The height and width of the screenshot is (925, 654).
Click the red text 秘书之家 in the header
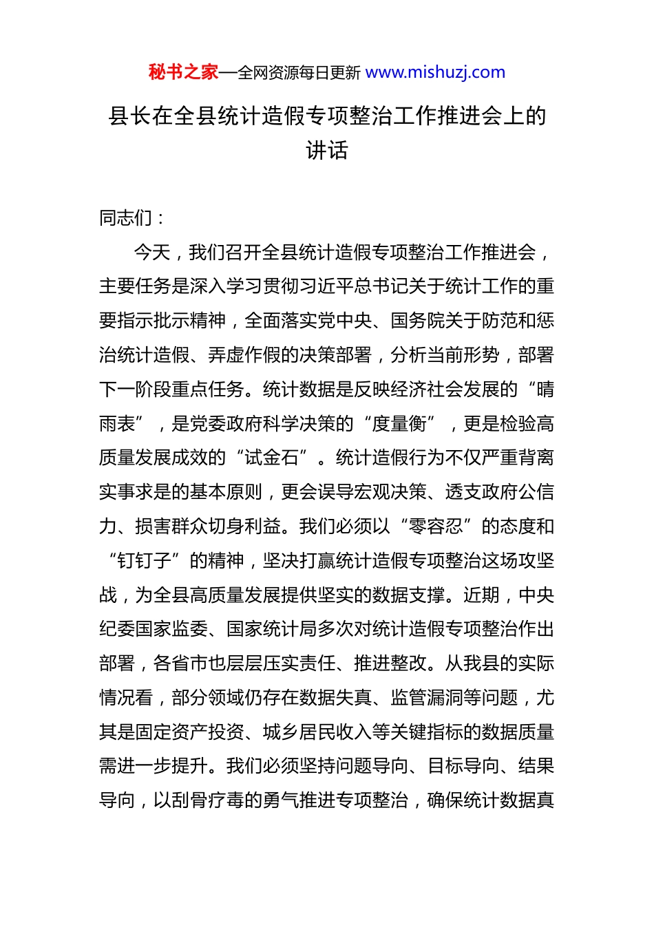[x=183, y=72]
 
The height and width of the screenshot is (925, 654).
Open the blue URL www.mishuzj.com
[x=435, y=72]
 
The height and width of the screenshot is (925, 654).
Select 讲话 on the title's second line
[x=327, y=150]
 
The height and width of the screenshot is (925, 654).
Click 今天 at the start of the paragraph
[x=151, y=253]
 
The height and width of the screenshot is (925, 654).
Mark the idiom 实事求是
[x=135, y=492]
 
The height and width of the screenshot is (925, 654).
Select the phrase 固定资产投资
[x=189, y=732]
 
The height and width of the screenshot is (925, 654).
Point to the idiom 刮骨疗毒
[x=207, y=800]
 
